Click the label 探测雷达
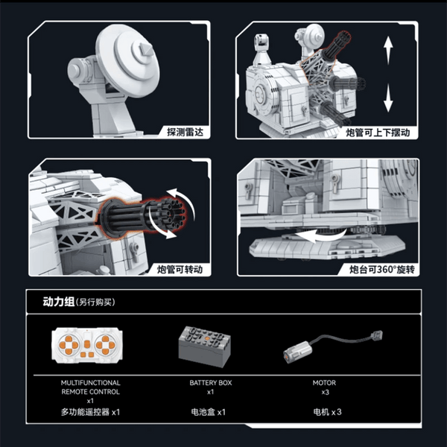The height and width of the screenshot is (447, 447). [185, 133]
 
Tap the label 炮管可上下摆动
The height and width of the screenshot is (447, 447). [378, 133]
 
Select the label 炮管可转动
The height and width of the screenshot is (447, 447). [180, 270]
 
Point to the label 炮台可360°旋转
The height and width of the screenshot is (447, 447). [382, 270]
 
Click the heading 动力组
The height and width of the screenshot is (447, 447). [59, 302]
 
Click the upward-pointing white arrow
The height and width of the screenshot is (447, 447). [388, 51]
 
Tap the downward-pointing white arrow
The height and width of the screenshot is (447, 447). [388, 98]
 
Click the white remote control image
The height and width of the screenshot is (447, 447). [87, 345]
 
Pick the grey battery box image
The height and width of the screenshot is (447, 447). [204, 346]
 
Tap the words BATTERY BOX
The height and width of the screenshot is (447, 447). [211, 383]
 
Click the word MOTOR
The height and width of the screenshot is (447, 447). [324, 383]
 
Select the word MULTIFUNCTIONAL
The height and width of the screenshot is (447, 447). [90, 383]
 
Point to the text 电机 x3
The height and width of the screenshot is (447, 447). [327, 412]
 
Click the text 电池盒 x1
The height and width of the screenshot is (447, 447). [208, 412]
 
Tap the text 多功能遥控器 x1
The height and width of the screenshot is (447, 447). [90, 412]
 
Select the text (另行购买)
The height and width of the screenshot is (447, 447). [95, 302]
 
